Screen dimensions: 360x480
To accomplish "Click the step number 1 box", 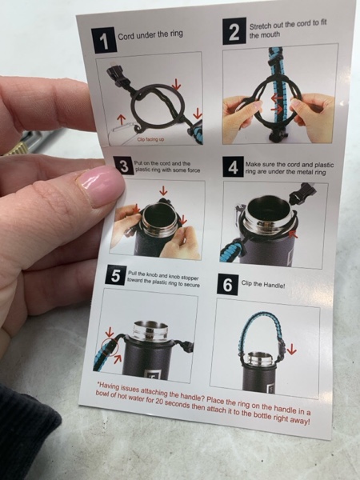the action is pos(104,40).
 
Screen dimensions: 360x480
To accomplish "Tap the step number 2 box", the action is pos(234,31).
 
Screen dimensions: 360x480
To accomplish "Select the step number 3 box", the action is pos(123,166).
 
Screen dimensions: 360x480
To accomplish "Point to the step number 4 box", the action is pos(233,167).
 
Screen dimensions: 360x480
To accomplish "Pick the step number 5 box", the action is pos(115,275).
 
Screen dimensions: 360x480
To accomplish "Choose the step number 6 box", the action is pos(227,285).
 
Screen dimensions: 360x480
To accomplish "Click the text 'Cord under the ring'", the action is pos(150,35).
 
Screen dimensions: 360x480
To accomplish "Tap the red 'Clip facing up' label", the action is pos(150,139).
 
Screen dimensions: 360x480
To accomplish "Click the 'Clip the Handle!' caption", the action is pos(263,284).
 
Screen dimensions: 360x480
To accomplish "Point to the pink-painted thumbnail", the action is pos(99,186).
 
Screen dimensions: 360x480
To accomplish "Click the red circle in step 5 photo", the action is pos(110,346).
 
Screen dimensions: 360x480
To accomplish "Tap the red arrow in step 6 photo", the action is pos(291,348).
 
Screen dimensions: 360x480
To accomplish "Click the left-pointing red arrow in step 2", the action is pos(277,98).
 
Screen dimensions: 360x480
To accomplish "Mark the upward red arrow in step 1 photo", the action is pos(122,119).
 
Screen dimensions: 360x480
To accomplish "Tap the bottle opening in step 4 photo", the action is pos(266,209).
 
